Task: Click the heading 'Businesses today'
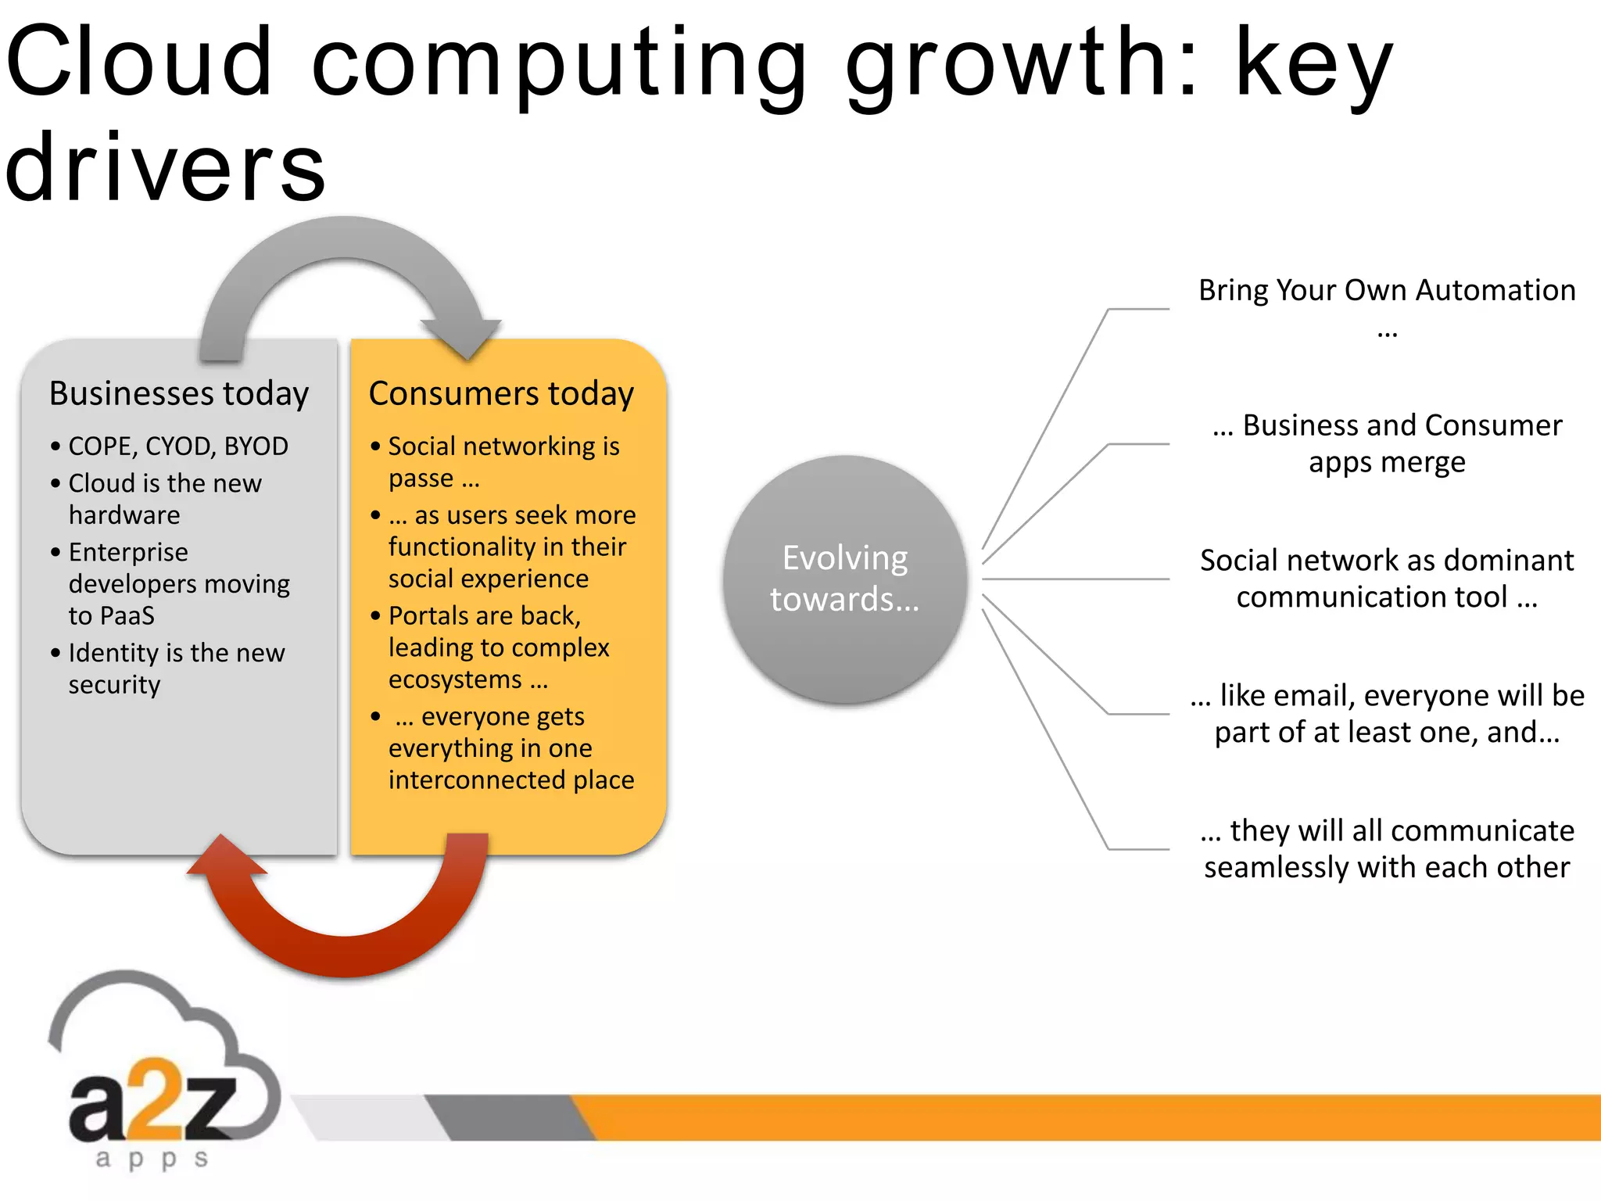(x=178, y=393)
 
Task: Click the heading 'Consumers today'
(x=500, y=393)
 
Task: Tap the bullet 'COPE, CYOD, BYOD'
(x=177, y=446)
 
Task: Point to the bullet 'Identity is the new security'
(x=176, y=668)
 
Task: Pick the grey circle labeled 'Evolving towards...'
(x=844, y=579)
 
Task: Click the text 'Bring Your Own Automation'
(x=1386, y=290)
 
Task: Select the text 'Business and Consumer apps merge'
(x=1386, y=443)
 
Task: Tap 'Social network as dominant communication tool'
(x=1386, y=579)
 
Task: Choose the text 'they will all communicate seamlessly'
(x=1386, y=848)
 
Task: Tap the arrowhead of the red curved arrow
(x=226, y=856)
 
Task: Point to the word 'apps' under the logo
(x=152, y=1158)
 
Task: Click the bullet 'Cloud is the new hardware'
(x=164, y=499)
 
